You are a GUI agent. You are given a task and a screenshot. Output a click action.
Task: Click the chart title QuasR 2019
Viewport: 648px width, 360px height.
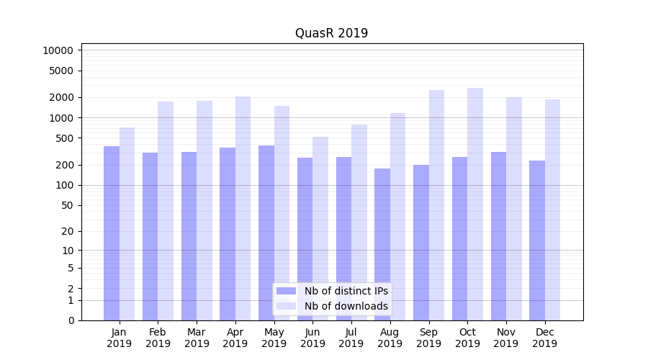[x=331, y=33]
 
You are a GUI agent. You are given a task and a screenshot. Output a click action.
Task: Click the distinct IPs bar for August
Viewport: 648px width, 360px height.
[x=382, y=244]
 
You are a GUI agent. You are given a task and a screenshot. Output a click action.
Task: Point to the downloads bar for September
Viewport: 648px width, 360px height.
[x=436, y=205]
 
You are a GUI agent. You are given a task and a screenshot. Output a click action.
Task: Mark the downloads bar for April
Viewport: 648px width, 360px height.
[x=243, y=208]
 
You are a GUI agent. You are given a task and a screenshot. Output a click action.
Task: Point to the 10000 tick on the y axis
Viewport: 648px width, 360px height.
[x=58, y=50]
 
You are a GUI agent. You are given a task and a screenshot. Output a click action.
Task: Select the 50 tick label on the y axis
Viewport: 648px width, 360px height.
[x=67, y=205]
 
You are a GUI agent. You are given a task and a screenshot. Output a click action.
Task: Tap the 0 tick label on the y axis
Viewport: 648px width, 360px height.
[x=71, y=320]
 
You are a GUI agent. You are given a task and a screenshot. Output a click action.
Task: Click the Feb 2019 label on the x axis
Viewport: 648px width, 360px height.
[x=158, y=338]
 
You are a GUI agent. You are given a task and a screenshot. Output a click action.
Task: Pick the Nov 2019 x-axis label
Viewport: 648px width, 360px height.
[x=506, y=338]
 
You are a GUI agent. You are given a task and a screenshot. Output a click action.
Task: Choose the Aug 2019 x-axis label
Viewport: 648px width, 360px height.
[x=390, y=338]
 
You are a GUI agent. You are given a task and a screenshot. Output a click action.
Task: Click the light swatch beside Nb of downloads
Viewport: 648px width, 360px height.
[x=286, y=306]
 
